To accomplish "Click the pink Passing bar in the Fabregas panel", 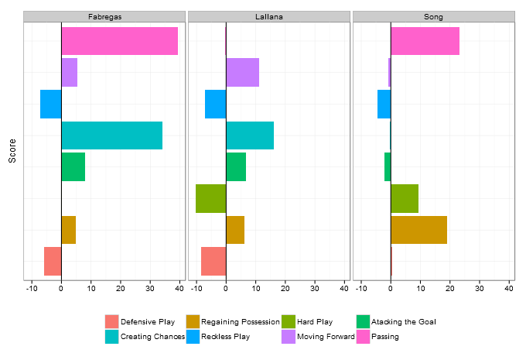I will [119, 41].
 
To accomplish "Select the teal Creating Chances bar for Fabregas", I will [111, 135].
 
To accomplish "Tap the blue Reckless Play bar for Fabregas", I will [51, 104].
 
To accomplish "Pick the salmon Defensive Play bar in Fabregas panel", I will [53, 261].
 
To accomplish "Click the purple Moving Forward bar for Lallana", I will [242, 72].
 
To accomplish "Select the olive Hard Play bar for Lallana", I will [210, 198].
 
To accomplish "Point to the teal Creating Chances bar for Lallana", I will [250, 135].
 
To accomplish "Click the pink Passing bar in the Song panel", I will [425, 41].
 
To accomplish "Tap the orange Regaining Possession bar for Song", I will [418, 230].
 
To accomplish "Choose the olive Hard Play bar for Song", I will [405, 198].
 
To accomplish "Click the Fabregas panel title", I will [104, 16].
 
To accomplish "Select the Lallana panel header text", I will [269, 16].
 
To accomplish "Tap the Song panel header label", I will [434, 16].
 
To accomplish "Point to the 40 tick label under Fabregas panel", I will [179, 289].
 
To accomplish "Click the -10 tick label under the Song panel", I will [360, 289].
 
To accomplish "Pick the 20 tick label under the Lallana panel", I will [285, 289].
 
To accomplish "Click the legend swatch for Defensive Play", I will [112, 321].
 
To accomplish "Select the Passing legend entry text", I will [385, 336].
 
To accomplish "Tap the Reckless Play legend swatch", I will [193, 336].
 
